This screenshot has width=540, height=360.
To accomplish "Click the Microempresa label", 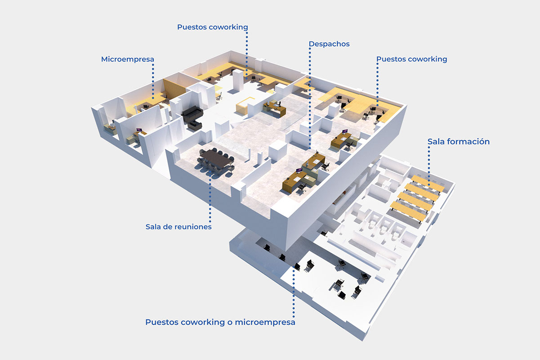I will (127, 59).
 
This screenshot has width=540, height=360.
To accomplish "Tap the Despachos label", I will (329, 44).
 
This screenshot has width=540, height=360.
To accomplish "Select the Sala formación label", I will (458, 142).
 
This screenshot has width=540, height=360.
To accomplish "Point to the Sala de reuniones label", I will (179, 227).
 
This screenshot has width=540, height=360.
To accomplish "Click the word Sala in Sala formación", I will (436, 142).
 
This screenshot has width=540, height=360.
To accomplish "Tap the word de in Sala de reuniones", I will (167, 227).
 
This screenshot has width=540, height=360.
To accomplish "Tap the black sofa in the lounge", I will (192, 116).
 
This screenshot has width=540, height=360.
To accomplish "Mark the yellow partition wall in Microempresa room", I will (174, 89).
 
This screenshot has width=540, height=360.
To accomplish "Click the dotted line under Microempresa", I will (153, 81).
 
